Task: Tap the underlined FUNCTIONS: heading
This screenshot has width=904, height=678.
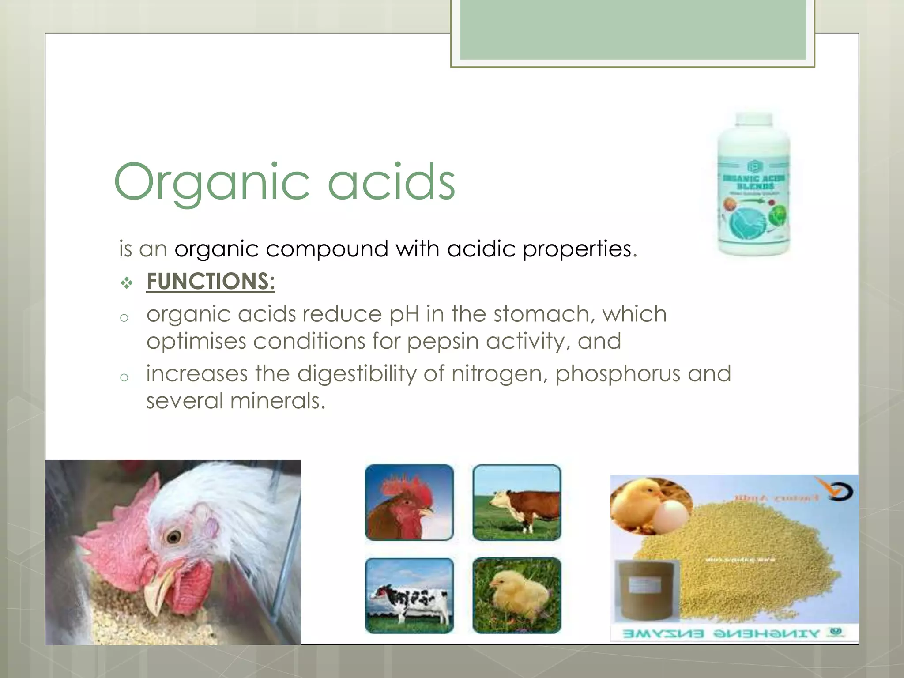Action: click(x=211, y=282)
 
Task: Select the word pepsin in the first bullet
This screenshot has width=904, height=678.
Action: click(x=442, y=342)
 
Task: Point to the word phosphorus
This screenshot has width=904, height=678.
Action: click(x=618, y=374)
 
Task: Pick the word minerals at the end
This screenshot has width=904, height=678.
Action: click(x=278, y=401)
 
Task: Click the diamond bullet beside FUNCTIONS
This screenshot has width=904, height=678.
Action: click(x=127, y=283)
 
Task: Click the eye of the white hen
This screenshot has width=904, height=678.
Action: click(x=173, y=536)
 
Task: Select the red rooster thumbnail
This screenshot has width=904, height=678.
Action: click(x=409, y=502)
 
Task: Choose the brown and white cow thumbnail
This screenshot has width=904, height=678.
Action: click(x=516, y=502)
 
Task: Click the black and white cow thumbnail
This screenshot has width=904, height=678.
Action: click(x=409, y=596)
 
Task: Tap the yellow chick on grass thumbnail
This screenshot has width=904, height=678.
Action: click(x=516, y=596)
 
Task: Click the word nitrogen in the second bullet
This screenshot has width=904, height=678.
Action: click(x=499, y=374)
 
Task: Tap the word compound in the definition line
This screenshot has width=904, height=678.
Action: click(x=327, y=249)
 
